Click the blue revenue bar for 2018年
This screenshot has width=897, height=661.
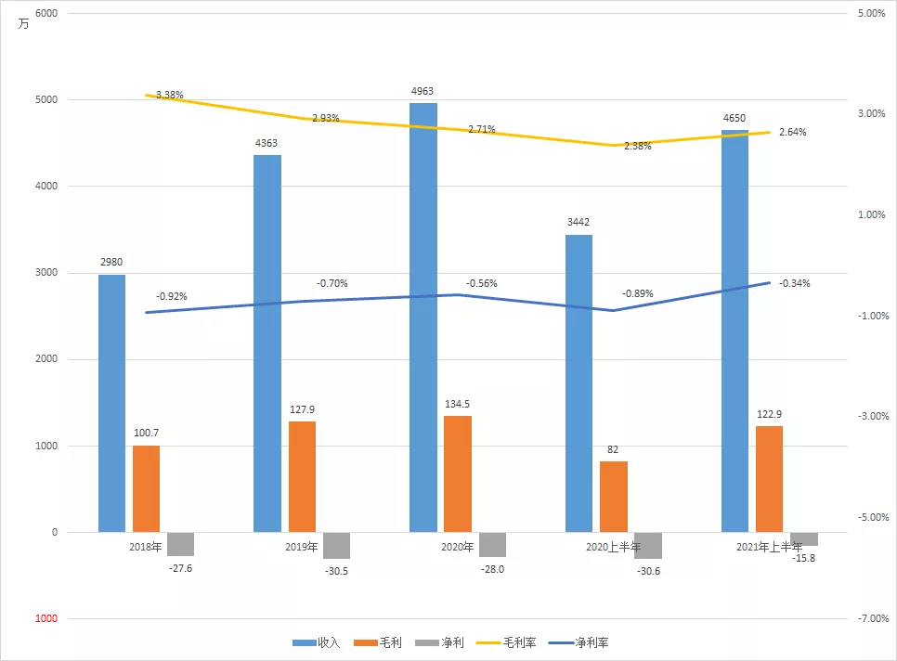point(111,403)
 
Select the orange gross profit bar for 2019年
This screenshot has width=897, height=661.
point(302,477)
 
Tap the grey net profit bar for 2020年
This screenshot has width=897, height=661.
point(492,544)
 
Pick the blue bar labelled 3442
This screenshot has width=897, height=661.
point(578,383)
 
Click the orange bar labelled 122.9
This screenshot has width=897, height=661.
point(770,479)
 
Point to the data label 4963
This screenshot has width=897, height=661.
point(422,91)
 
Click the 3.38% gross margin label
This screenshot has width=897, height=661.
point(170,95)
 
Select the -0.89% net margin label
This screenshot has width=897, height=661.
point(638,293)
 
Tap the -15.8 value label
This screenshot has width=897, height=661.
point(804,558)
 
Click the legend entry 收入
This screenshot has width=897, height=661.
point(317,642)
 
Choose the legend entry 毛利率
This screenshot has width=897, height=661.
point(506,642)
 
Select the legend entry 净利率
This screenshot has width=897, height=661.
point(578,642)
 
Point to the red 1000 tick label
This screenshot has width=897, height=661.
point(46,618)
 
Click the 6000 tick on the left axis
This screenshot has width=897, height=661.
point(46,13)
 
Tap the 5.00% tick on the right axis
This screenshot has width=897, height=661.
point(871,13)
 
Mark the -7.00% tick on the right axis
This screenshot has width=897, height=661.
point(873,618)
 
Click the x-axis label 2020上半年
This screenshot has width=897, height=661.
point(613,547)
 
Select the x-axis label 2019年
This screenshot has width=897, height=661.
point(302,547)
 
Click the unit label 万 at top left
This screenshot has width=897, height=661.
point(23,24)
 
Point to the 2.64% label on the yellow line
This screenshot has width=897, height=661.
point(793,132)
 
